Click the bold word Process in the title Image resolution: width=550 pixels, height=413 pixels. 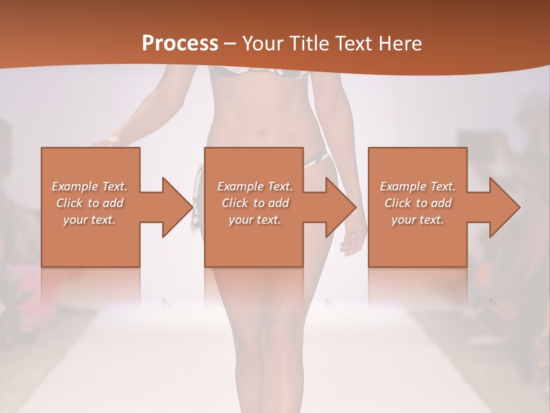(x=180, y=43)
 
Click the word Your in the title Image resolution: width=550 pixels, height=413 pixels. (x=263, y=43)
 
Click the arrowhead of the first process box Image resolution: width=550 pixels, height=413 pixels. (x=178, y=207)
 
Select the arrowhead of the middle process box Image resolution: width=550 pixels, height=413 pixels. (x=341, y=207)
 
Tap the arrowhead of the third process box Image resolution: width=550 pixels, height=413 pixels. (x=505, y=207)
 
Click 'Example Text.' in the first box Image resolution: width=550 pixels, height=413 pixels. (x=89, y=186)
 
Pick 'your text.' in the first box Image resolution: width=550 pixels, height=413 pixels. (x=89, y=220)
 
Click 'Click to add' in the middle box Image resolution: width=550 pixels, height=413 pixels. (x=255, y=203)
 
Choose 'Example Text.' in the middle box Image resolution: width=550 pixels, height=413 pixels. (x=255, y=186)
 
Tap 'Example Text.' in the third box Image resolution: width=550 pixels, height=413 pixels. (x=418, y=186)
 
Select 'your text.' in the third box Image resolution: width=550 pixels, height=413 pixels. (x=418, y=220)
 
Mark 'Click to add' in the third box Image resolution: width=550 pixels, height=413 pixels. (x=418, y=203)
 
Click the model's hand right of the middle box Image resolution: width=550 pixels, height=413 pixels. (x=351, y=241)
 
